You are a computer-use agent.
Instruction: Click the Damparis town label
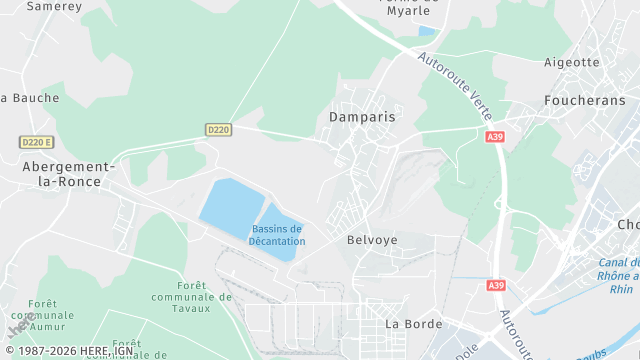(x=362, y=117)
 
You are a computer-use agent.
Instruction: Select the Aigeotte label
(x=572, y=62)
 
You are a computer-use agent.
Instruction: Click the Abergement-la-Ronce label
(x=68, y=174)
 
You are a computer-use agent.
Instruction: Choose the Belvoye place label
(x=372, y=240)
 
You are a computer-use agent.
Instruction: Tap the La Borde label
(x=412, y=324)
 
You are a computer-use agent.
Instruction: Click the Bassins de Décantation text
(x=278, y=236)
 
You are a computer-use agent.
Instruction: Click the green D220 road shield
(x=219, y=130)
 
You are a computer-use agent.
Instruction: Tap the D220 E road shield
(x=36, y=143)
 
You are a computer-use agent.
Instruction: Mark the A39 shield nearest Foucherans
(x=495, y=137)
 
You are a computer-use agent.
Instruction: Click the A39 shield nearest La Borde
(x=497, y=285)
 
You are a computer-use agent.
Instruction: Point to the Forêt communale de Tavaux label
(x=181, y=296)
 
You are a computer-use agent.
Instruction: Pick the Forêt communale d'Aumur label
(x=51, y=315)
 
